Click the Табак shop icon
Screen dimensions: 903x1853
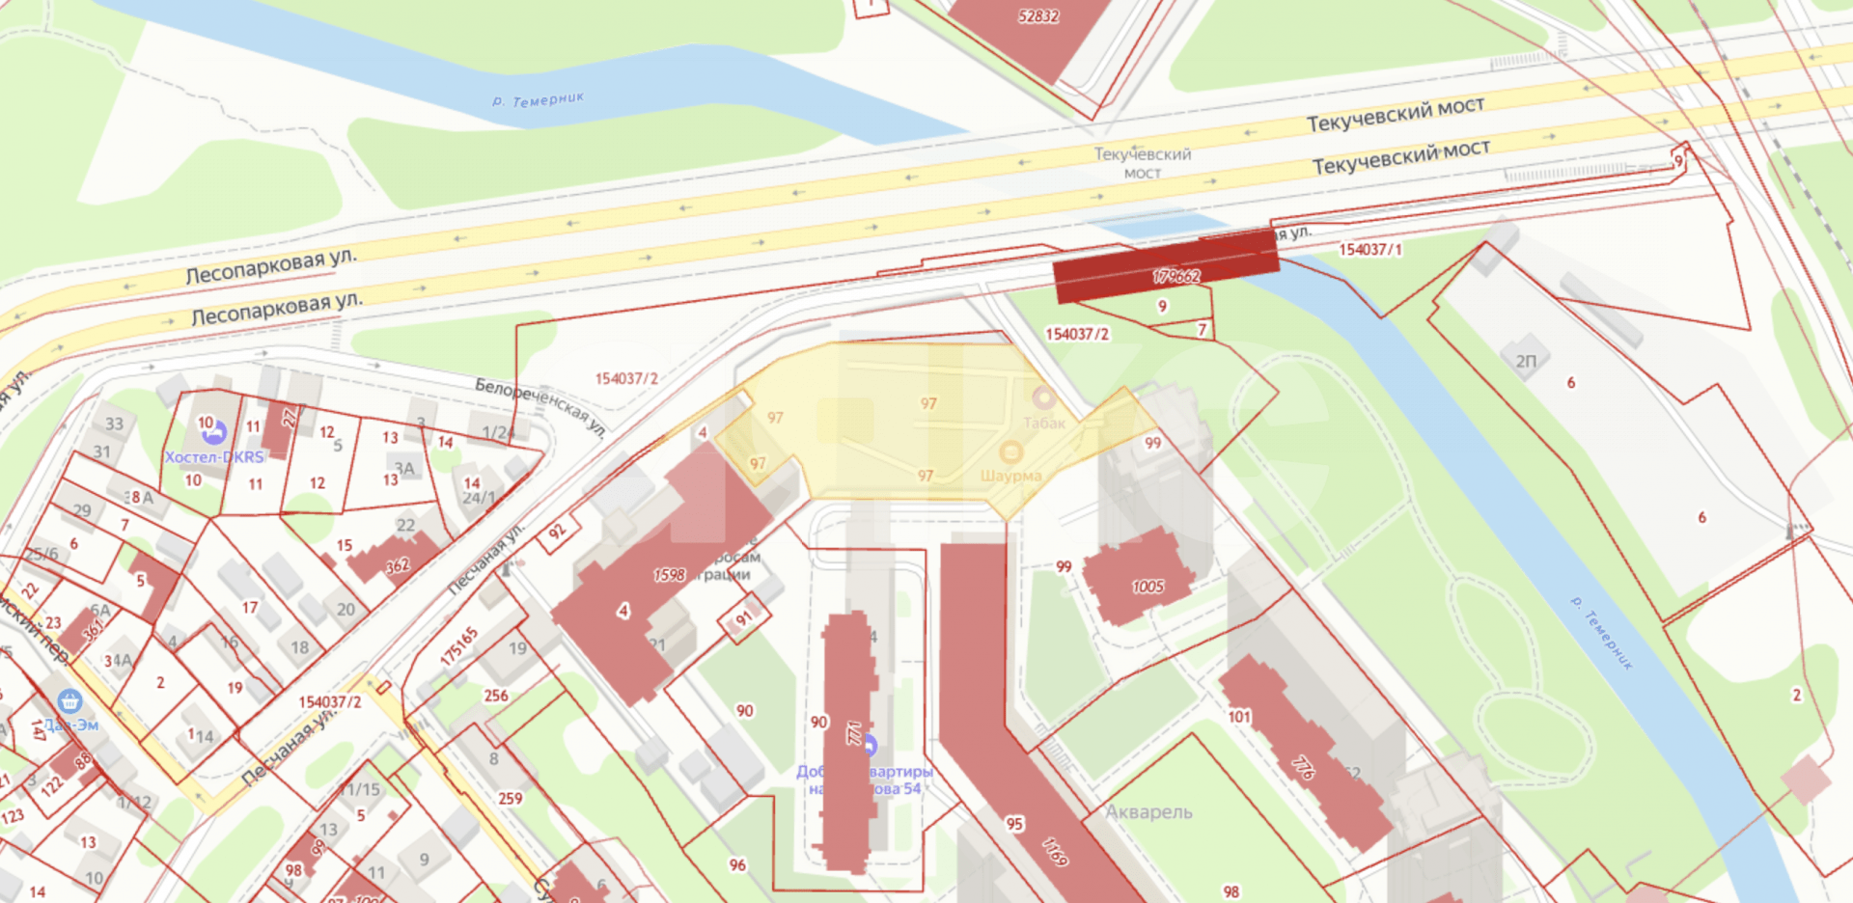point(1043,397)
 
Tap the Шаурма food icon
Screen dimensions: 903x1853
point(1010,452)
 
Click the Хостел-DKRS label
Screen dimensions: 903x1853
point(214,456)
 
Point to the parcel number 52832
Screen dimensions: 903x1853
point(1038,16)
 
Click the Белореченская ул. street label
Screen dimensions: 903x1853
point(540,404)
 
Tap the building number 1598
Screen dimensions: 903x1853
point(669,575)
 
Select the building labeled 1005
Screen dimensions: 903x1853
point(1148,587)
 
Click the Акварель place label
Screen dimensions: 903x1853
point(1148,812)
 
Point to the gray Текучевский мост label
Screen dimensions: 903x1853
point(1142,162)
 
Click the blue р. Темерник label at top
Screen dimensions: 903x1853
point(538,99)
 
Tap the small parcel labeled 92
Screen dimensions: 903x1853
point(558,532)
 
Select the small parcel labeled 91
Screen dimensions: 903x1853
point(744,618)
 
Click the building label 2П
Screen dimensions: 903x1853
point(1526,361)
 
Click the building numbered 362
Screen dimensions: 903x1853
point(398,565)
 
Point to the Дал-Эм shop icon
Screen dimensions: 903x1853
point(69,701)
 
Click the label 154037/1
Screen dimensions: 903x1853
point(1370,250)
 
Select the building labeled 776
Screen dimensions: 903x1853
point(1303,767)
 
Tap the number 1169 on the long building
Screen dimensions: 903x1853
point(1055,851)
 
